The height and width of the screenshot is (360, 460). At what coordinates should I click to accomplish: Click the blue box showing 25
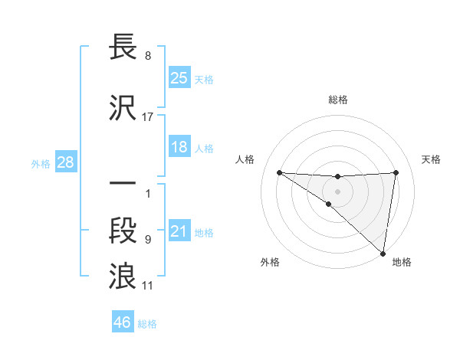[x=179, y=77]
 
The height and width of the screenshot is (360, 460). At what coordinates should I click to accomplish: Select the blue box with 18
[x=179, y=147]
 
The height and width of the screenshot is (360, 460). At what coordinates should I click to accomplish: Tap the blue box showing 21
[x=179, y=231]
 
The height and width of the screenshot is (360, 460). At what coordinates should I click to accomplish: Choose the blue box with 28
[x=65, y=162]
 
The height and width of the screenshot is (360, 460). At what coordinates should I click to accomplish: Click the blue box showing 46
[x=122, y=322]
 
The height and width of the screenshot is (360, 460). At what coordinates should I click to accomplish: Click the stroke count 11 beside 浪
[x=147, y=286]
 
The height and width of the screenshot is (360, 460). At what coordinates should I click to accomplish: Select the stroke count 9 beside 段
[x=147, y=240]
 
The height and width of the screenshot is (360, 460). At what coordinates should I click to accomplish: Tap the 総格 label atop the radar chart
[x=338, y=100]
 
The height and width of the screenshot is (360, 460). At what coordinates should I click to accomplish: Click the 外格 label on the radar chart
[x=270, y=262]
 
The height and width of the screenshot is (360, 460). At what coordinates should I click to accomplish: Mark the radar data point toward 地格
[x=383, y=252]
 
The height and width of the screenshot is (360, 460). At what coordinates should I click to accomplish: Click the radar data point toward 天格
[x=396, y=172]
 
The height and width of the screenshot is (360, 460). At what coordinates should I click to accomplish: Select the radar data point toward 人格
[x=279, y=172]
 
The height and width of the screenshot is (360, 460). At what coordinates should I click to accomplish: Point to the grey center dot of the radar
[x=338, y=191]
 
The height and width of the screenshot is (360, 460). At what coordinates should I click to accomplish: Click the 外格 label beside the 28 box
[x=41, y=162]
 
